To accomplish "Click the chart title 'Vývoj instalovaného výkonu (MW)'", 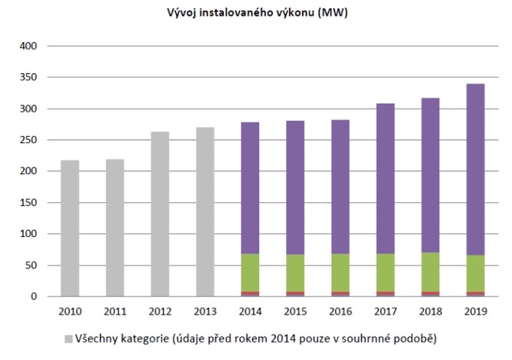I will click(255, 13).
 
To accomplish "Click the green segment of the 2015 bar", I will click(295, 273).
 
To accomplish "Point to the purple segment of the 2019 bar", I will click(475, 169).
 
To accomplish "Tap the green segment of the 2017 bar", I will click(385, 273).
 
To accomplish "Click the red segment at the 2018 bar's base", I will click(430, 294).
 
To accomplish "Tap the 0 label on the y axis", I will click(33, 297).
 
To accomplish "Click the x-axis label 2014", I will click(250, 313).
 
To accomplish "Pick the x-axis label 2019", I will click(475, 313).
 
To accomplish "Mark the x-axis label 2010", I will click(69, 313).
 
